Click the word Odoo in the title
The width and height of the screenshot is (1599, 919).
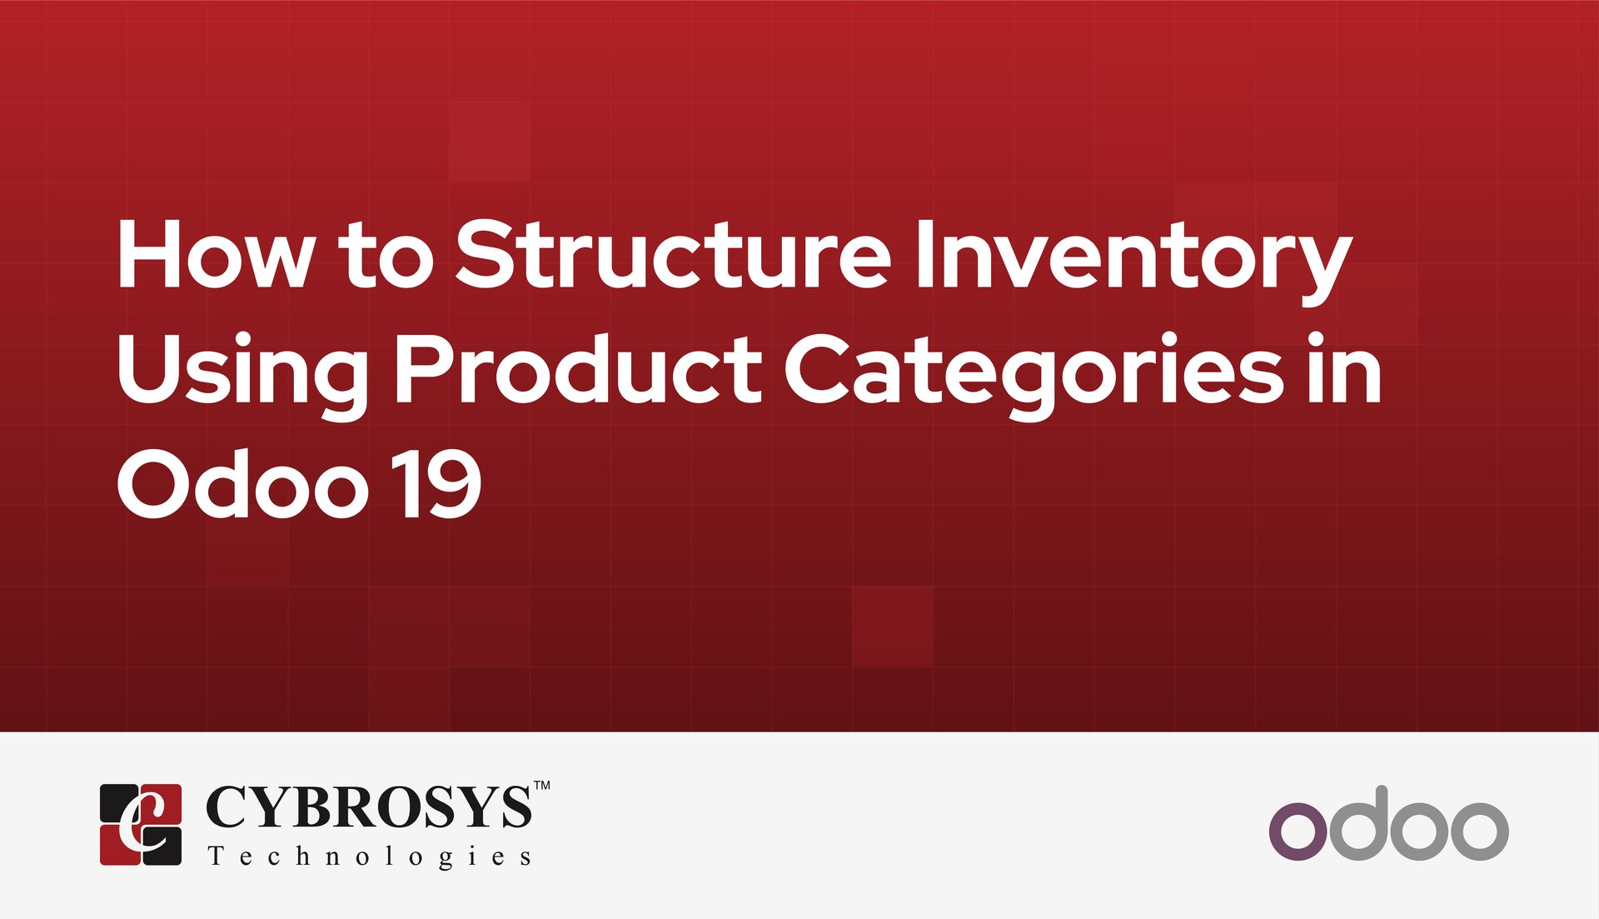click(242, 483)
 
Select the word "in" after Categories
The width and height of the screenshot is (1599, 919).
click(1346, 369)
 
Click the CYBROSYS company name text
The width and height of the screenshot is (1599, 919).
click(368, 807)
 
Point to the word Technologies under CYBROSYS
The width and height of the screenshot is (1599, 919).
click(370, 857)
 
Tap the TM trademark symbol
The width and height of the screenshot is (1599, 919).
click(541, 786)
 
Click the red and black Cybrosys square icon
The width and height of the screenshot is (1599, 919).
click(141, 824)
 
